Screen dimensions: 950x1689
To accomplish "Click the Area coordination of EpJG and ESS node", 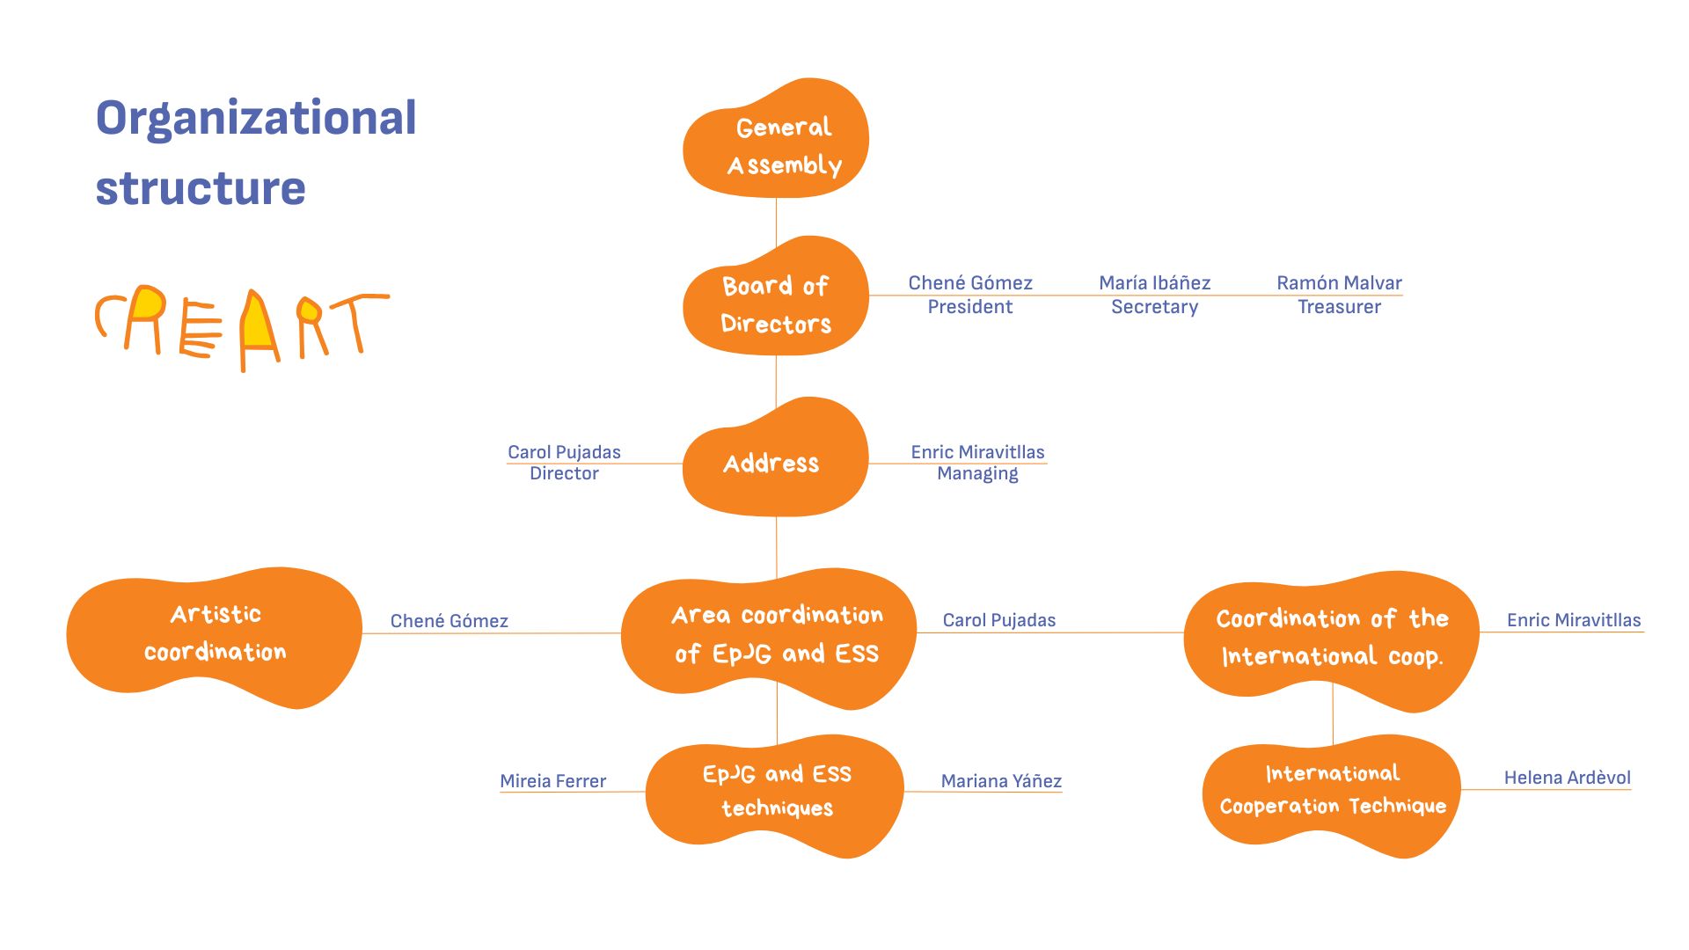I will (x=774, y=635).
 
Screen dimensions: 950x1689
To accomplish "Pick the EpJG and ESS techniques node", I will (x=776, y=792).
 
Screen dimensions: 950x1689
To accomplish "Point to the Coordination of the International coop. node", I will (x=1332, y=637).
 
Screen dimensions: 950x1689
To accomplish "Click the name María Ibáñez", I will (x=1154, y=282).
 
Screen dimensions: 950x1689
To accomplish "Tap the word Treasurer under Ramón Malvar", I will (x=1339, y=307).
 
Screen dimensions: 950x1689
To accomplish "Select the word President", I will (x=969, y=307).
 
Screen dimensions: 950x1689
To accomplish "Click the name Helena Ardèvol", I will (x=1567, y=778).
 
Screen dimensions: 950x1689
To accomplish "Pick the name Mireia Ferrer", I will (x=552, y=781).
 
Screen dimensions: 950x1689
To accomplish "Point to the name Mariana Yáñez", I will (x=1001, y=781).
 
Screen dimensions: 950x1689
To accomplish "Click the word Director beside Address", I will (x=564, y=473).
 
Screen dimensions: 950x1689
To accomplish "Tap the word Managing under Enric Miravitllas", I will (x=977, y=473).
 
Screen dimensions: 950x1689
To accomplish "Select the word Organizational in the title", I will (x=256, y=118).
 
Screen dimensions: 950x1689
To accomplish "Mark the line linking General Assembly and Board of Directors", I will (x=776, y=217).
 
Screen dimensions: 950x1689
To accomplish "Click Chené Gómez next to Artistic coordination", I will (x=449, y=621).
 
